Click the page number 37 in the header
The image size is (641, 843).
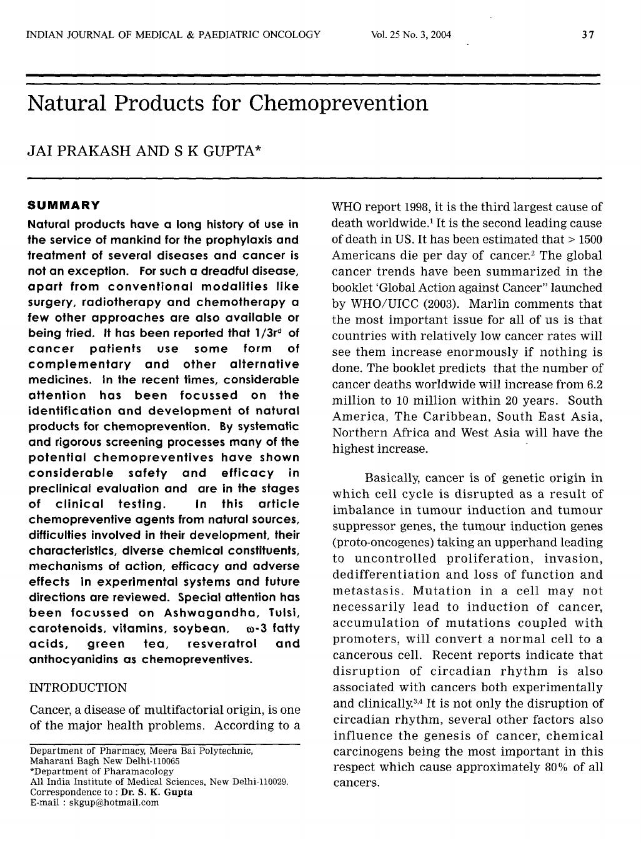tap(587, 34)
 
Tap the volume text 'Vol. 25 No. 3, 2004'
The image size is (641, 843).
tap(410, 34)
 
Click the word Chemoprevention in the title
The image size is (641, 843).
tap(339, 103)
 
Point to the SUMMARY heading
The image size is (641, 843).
tap(64, 205)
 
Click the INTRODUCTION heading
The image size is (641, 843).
tap(77, 688)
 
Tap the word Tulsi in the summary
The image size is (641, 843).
tap(284, 613)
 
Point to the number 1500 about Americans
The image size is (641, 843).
tap(589, 239)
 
